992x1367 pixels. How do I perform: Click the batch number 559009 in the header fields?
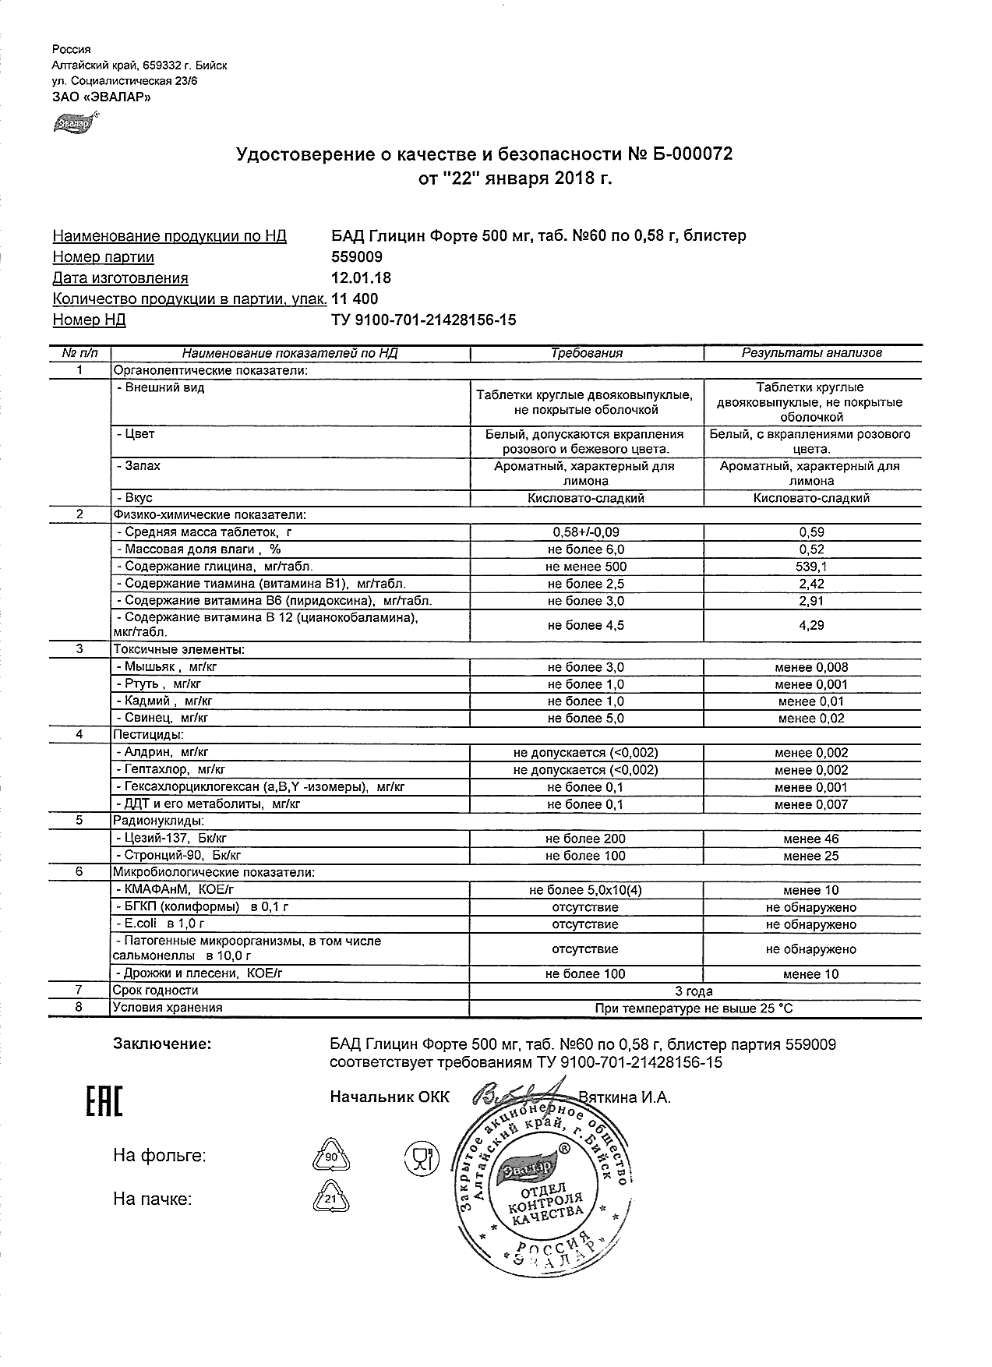coord(357,256)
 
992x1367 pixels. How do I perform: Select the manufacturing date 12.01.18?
coord(362,277)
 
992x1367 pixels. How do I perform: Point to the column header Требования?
coord(586,353)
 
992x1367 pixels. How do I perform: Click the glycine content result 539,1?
coord(811,567)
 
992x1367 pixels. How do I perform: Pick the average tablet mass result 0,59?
coord(811,532)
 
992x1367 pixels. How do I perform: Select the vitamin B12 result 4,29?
coord(811,625)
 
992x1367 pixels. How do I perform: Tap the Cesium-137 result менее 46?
coord(811,839)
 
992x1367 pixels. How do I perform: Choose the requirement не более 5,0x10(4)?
coord(586,890)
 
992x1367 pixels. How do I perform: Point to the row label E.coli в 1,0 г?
coord(159,924)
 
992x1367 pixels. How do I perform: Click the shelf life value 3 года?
coord(694,991)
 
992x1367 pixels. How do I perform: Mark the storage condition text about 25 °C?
coord(694,1008)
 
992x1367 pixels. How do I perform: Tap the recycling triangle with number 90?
coord(330,1157)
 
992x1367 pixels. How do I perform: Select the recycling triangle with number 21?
coord(330,1199)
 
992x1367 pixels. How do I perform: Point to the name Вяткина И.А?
coord(625,1097)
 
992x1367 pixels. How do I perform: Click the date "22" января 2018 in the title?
coord(515,180)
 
